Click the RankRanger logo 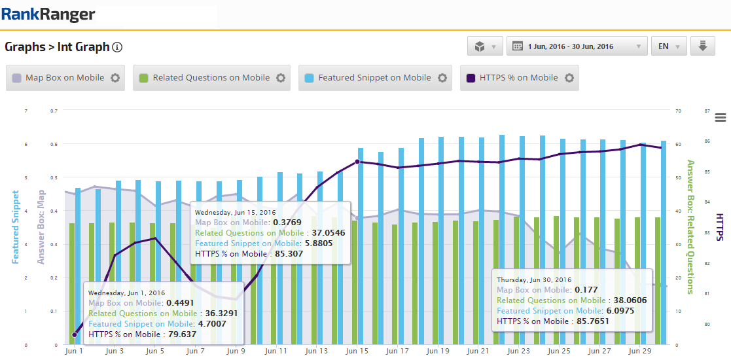click(x=48, y=14)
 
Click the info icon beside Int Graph click(x=118, y=47)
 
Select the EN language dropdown click(x=669, y=46)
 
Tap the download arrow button click(x=702, y=46)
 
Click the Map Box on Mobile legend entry click(x=65, y=77)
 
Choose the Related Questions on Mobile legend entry click(x=211, y=77)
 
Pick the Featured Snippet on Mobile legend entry click(x=374, y=77)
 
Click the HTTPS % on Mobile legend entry click(x=518, y=77)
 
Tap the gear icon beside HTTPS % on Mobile click(x=569, y=77)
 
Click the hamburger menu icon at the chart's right click(x=721, y=117)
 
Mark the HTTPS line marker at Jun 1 click(x=74, y=334)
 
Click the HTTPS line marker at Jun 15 click(x=357, y=162)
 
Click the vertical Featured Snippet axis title click(x=15, y=227)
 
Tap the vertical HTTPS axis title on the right click(x=719, y=227)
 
